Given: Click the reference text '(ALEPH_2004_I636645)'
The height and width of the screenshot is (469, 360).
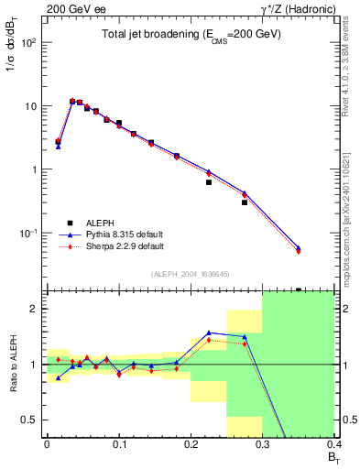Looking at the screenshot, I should pos(190,274).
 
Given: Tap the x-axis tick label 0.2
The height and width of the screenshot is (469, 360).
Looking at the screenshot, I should pos(191,443).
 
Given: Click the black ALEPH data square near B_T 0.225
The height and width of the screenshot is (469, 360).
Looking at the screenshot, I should pos(209,182).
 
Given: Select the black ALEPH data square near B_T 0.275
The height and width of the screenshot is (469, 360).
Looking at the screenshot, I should pos(245,202).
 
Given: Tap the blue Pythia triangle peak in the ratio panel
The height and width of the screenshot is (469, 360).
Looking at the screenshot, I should pos(209,333).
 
